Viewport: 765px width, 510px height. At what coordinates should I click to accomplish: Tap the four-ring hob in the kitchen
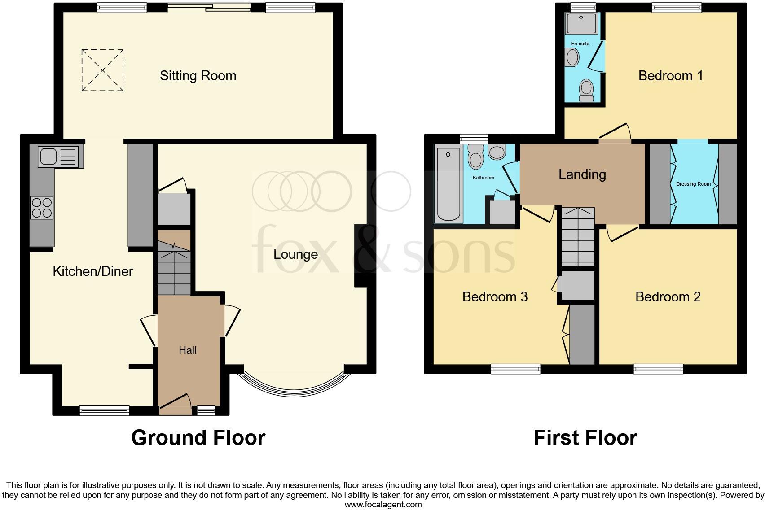[x=42, y=208]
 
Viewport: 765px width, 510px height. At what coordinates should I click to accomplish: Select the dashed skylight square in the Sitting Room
[x=102, y=70]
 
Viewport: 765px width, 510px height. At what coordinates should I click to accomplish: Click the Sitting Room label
[x=198, y=76]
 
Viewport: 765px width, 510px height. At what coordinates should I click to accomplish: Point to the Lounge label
[x=295, y=254]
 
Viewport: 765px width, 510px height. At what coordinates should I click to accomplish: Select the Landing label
[x=582, y=174]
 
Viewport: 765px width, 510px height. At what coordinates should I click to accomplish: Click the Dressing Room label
[x=693, y=184]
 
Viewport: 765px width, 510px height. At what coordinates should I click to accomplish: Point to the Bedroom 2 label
[x=668, y=297]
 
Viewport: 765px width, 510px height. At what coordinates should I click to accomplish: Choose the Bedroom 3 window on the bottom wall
[x=516, y=369]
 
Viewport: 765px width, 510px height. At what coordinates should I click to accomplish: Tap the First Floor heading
[x=585, y=438]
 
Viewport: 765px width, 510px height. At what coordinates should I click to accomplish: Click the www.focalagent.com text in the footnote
[x=383, y=505]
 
